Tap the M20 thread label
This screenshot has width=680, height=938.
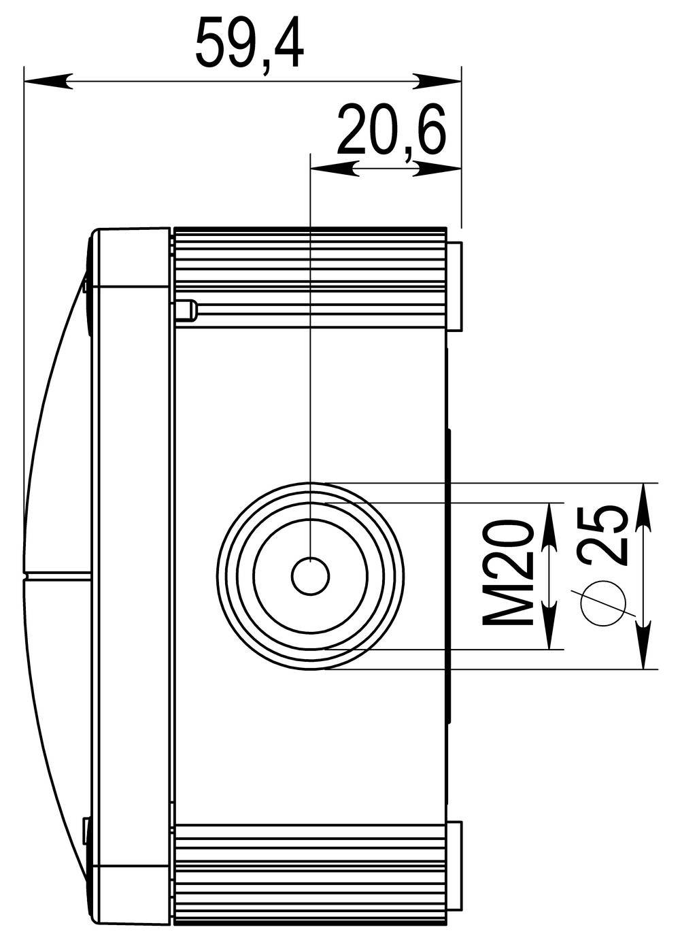pos(507,573)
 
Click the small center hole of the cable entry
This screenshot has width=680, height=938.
pos(311,576)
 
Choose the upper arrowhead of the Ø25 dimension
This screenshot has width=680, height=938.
pos(643,507)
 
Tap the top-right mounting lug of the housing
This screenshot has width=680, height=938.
pos(456,286)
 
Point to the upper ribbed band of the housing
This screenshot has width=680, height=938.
pos(310,272)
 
